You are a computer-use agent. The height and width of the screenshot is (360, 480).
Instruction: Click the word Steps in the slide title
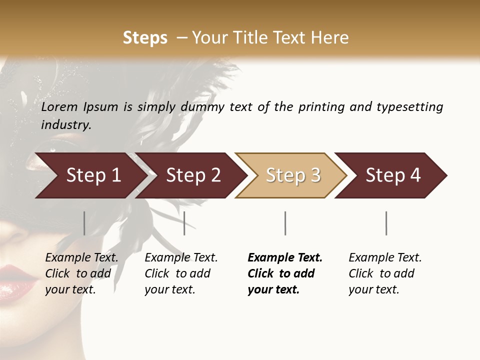[x=145, y=38]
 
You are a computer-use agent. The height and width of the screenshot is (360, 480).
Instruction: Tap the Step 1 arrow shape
[x=93, y=175]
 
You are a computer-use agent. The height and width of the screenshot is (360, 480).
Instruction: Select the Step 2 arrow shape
[x=193, y=175]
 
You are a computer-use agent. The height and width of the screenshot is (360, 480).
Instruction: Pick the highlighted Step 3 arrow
[x=293, y=175]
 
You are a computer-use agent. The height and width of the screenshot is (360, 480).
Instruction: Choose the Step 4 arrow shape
[x=393, y=175]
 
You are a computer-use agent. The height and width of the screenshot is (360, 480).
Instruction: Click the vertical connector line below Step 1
[x=84, y=223]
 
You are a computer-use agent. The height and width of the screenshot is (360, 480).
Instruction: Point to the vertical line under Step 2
[x=184, y=223]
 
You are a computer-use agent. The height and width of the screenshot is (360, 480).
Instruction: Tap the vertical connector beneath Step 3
[x=285, y=223]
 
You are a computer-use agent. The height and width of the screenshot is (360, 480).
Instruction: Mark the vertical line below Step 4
[x=386, y=223]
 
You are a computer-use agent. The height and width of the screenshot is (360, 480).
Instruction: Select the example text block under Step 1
[x=81, y=273]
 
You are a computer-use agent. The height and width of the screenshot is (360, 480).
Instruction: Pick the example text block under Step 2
[x=181, y=273]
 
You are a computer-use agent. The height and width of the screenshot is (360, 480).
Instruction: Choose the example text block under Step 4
[x=385, y=273]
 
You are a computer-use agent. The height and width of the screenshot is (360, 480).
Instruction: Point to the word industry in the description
[x=65, y=125]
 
